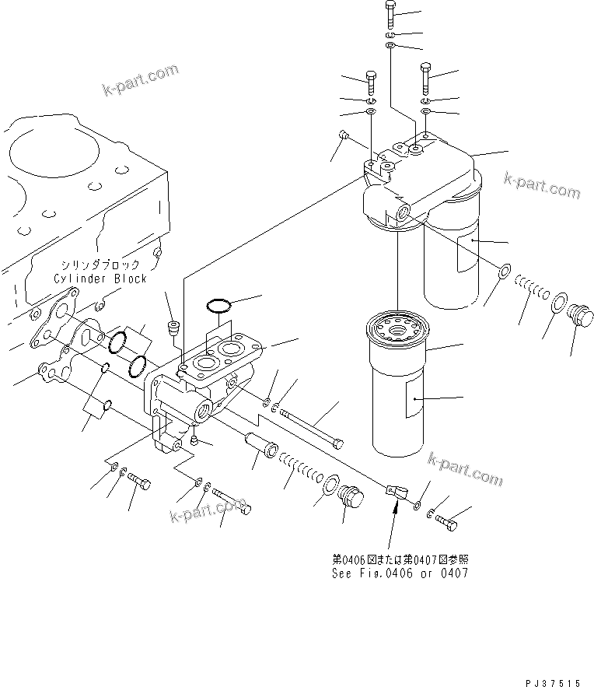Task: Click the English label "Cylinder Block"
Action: coord(100,278)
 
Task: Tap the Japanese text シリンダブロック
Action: coord(100,265)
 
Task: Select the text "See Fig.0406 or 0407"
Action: coord(400,573)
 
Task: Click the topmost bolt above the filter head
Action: coord(390,15)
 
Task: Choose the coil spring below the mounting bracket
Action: coord(303,473)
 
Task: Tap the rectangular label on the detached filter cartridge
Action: coord(413,403)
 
